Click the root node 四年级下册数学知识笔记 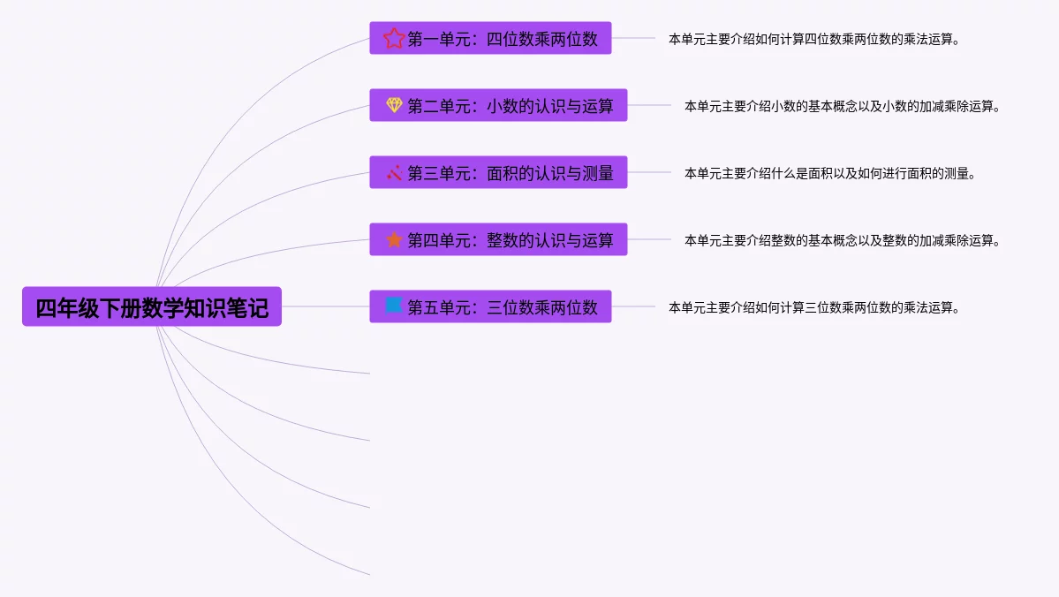tap(152, 307)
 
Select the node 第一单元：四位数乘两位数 tap(502, 39)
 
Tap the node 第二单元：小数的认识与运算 tap(510, 106)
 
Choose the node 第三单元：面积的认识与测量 tap(510, 173)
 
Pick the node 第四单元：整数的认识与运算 tap(510, 240)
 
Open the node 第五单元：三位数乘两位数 tap(502, 307)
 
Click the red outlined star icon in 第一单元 tap(394, 38)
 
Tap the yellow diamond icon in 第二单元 tap(394, 105)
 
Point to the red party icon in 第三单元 tap(394, 172)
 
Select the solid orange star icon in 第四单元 tap(394, 239)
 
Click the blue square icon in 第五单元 tap(394, 306)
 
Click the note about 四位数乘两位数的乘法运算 tap(813, 39)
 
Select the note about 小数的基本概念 tap(842, 106)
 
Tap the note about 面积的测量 tap(829, 173)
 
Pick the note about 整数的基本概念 tap(842, 240)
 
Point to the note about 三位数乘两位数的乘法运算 tap(813, 307)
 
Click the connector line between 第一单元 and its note tap(633, 38)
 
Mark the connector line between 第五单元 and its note tap(633, 306)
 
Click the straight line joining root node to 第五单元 tap(325, 306)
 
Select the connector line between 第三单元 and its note tap(649, 172)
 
